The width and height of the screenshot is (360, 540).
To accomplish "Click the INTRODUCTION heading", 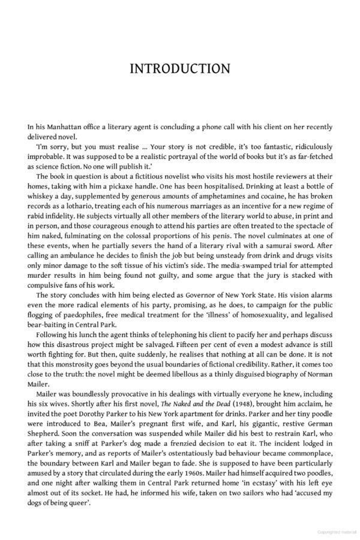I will click(x=180, y=68).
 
